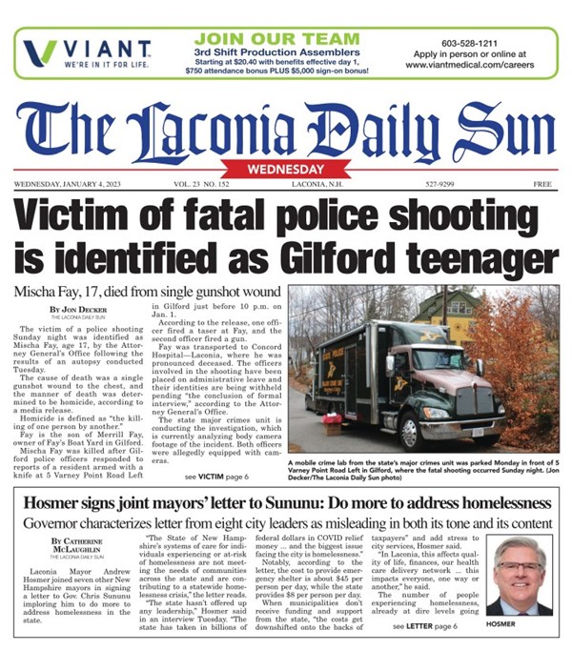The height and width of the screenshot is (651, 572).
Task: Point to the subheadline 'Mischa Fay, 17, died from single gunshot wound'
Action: (143, 291)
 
